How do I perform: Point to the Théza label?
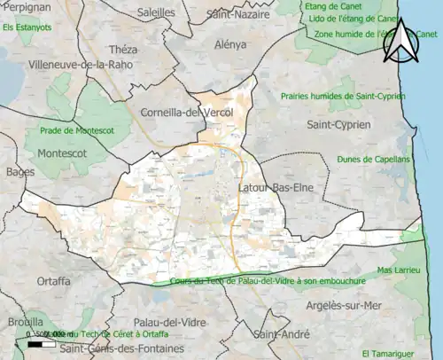[x=122, y=50]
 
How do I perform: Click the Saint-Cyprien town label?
[x=338, y=125]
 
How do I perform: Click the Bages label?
[x=19, y=171]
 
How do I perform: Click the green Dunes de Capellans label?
[x=373, y=160]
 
